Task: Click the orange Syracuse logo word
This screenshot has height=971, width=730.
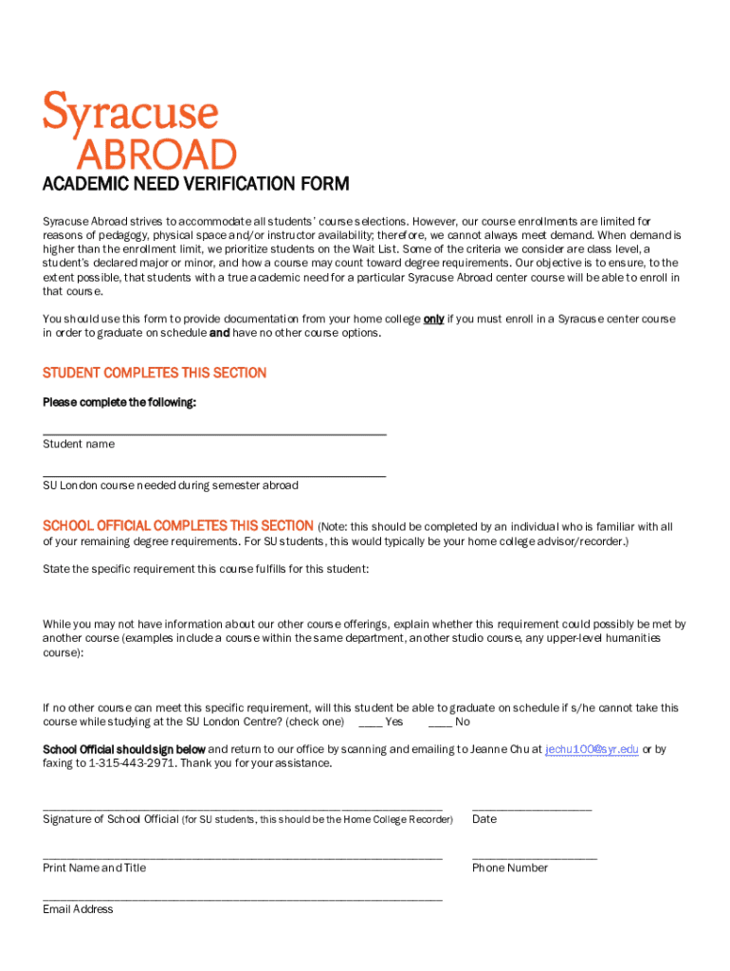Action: click(x=130, y=114)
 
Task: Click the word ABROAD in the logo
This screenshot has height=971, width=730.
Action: click(x=155, y=155)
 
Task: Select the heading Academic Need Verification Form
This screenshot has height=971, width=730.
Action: click(x=195, y=184)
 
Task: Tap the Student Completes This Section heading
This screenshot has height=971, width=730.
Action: click(x=155, y=373)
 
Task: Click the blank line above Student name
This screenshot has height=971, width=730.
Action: click(x=214, y=433)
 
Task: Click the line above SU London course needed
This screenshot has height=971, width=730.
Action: click(x=214, y=475)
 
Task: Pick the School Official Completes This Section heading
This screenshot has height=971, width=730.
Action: click(x=178, y=525)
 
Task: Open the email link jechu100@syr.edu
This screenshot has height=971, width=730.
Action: click(x=592, y=749)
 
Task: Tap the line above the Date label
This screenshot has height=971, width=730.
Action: click(x=531, y=809)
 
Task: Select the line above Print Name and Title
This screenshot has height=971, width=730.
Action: click(x=242, y=857)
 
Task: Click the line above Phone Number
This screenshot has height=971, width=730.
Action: click(x=534, y=857)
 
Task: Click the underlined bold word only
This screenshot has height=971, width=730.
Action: click(x=433, y=319)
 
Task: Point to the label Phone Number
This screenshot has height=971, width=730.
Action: click(x=509, y=868)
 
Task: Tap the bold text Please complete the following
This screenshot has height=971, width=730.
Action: click(x=119, y=403)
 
